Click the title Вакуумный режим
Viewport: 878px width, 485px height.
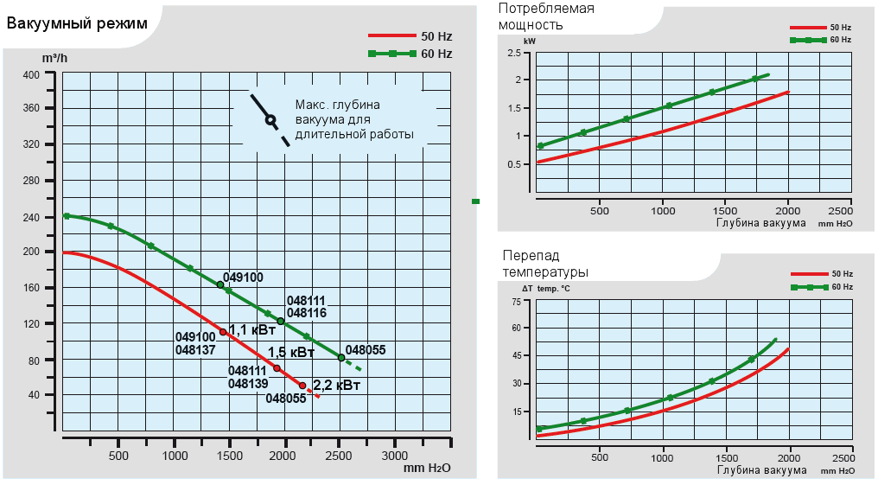71,22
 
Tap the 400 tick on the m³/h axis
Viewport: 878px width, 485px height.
31,74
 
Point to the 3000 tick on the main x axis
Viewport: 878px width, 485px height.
395,455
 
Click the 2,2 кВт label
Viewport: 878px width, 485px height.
336,385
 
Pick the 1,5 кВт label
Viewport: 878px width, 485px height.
291,353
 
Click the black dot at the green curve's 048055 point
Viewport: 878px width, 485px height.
341,358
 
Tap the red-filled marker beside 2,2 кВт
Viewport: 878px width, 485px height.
302,386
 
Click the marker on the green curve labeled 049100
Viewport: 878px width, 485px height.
220,284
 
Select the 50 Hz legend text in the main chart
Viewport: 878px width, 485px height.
436,36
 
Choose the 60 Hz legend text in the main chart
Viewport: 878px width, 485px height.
436,54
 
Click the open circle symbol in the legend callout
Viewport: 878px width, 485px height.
270,119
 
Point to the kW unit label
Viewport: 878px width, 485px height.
530,41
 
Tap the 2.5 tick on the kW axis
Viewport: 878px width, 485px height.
514,54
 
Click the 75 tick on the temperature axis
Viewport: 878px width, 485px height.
517,301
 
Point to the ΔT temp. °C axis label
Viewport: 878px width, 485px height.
546,288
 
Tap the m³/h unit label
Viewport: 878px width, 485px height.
54,58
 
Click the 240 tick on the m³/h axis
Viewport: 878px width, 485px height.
31,216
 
